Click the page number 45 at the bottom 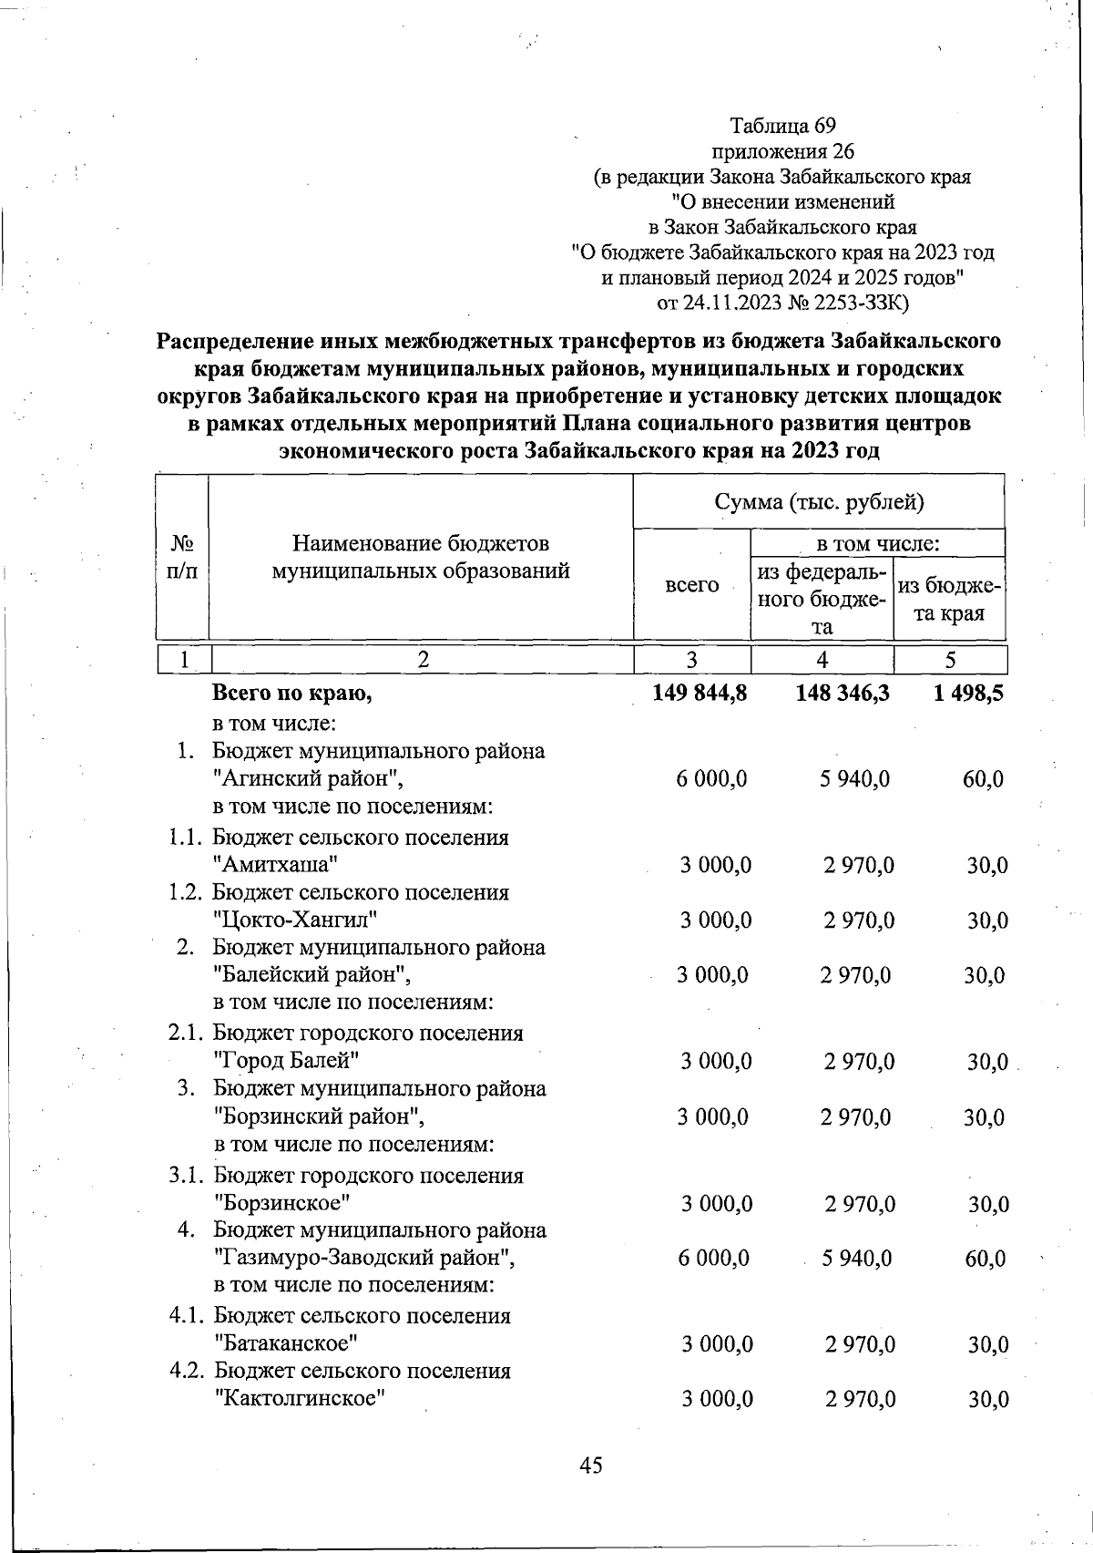point(590,1466)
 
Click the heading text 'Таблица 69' point(782,126)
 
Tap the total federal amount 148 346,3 point(842,694)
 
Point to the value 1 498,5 point(968,694)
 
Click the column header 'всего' point(691,585)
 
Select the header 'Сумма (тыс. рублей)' point(819,501)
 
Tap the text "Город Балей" point(285,1061)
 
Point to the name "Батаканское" point(285,1343)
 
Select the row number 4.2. point(189,1371)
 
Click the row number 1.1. point(189,838)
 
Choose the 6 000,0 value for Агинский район point(712,779)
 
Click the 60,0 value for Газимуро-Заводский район point(985,1259)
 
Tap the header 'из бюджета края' point(950,600)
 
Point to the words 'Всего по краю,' point(291,694)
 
